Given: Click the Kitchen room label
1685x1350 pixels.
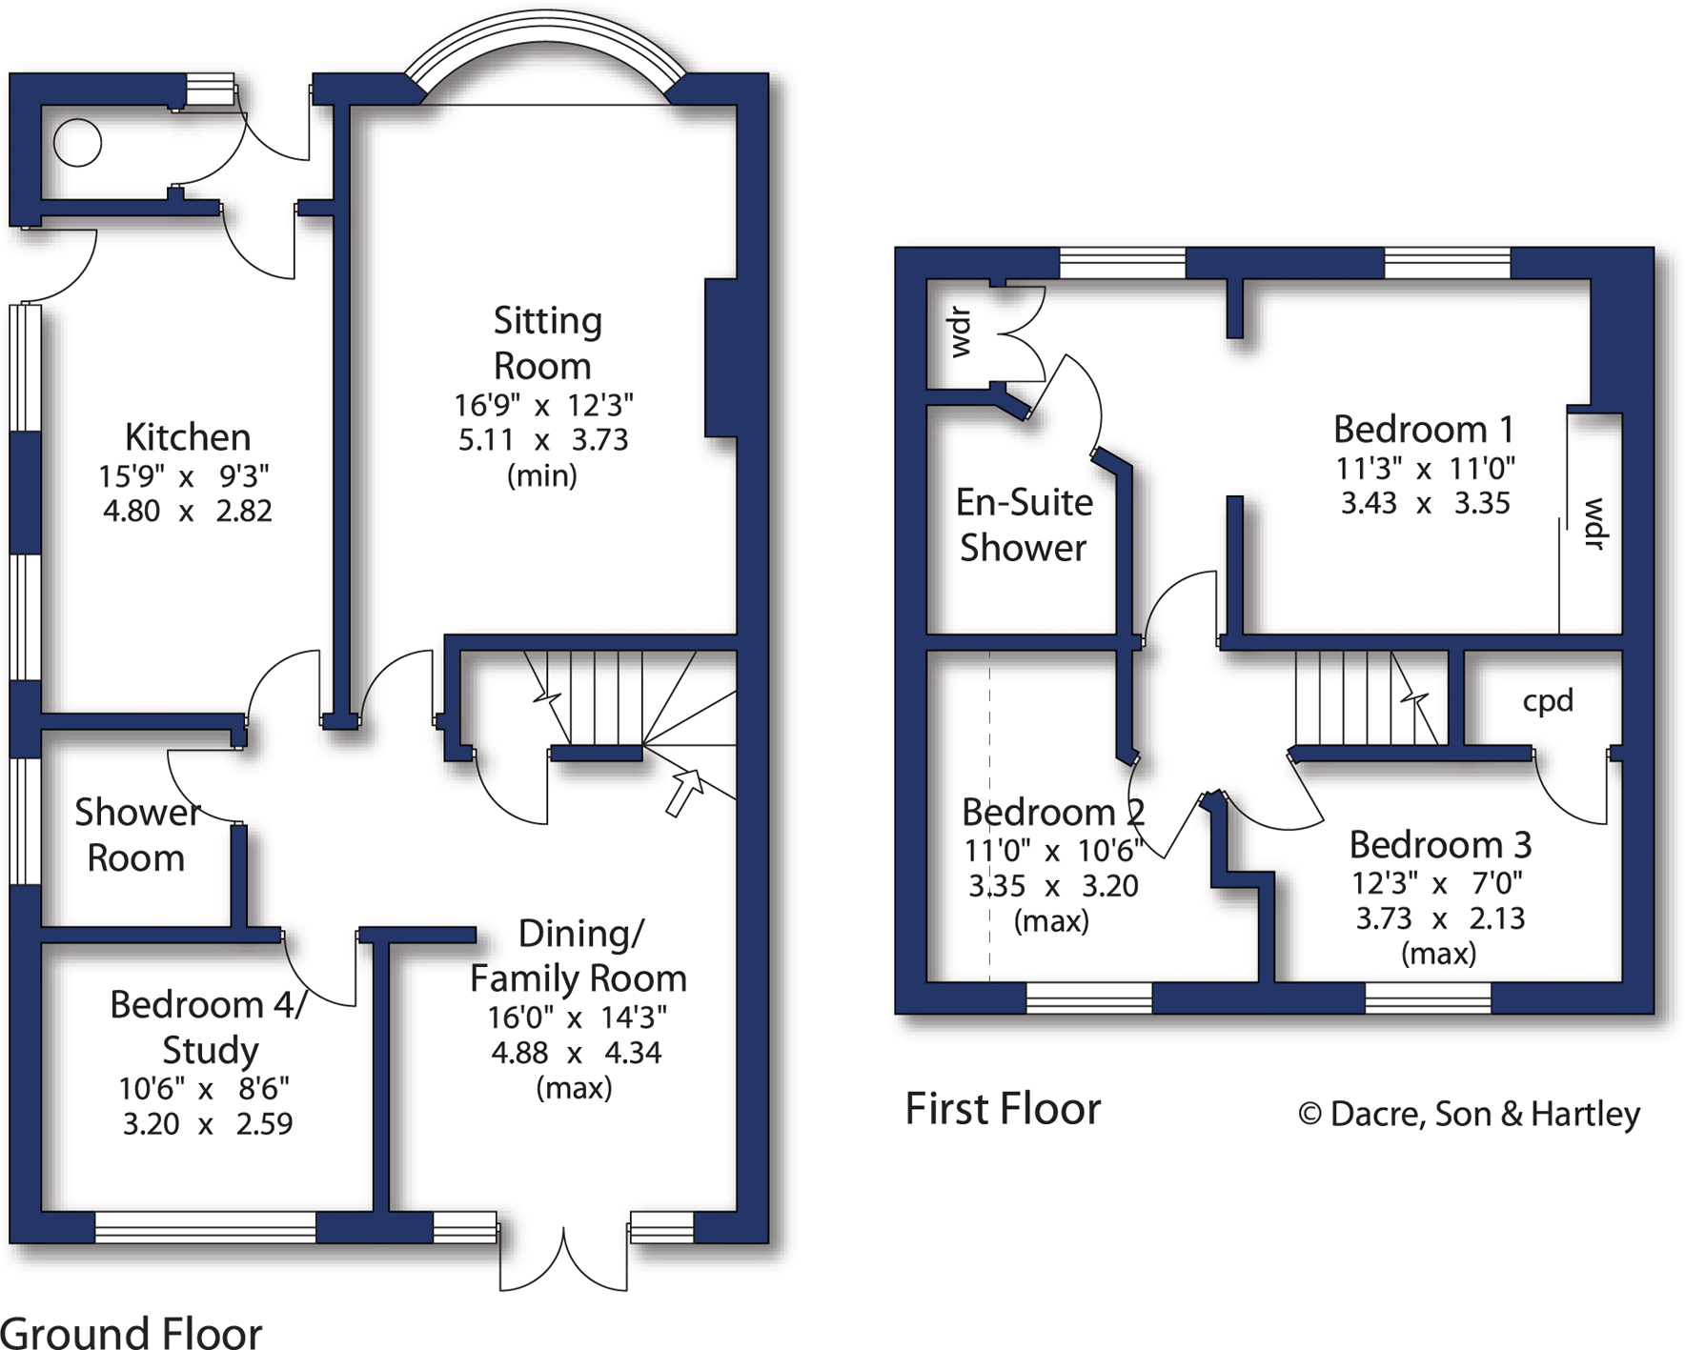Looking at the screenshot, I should [x=188, y=437].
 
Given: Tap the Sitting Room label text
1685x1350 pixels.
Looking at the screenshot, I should [x=546, y=343].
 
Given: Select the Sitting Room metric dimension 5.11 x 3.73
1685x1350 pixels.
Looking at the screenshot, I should [x=543, y=440].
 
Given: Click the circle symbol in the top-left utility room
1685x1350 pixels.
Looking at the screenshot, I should [x=77, y=144].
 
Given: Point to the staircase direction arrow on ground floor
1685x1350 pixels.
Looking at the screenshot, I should [x=684, y=792].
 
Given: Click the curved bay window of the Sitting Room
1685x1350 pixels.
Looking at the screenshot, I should [x=545, y=48].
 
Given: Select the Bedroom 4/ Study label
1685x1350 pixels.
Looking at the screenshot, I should [x=208, y=1027].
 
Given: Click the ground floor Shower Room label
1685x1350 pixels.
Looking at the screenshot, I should [x=136, y=835].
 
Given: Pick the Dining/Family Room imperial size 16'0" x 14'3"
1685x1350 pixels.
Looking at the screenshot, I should [x=578, y=1018].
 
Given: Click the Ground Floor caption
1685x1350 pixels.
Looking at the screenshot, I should [x=131, y=1332].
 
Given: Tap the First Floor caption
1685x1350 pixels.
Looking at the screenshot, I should [x=1003, y=1109].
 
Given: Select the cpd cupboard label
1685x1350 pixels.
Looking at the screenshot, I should [x=1548, y=701].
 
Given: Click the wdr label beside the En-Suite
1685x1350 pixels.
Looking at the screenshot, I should [x=961, y=332].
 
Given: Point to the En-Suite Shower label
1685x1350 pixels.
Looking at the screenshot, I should [x=1024, y=525].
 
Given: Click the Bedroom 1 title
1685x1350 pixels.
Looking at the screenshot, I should [x=1423, y=430].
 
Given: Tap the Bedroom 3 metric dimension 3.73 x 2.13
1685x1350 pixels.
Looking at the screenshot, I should [x=1440, y=918].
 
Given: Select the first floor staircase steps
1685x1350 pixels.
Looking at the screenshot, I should [x=1365, y=697].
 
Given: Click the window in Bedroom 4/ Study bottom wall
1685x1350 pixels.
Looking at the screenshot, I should [x=205, y=1227].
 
